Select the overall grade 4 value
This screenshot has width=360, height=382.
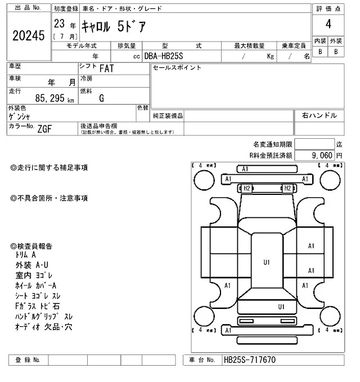pyautogui.click(x=327, y=25)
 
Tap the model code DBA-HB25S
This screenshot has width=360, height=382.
pyautogui.click(x=168, y=56)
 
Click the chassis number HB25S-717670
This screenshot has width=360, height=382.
pyautogui.click(x=250, y=360)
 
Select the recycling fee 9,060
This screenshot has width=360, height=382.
pyautogui.click(x=322, y=155)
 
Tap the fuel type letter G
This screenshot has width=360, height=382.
pyautogui.click(x=101, y=98)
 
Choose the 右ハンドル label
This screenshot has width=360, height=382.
pyautogui.click(x=319, y=115)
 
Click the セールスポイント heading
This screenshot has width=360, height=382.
pyautogui.click(x=177, y=68)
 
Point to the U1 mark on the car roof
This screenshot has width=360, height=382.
pyautogui.click(x=267, y=262)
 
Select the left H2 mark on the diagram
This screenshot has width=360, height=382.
pyautogui.click(x=246, y=188)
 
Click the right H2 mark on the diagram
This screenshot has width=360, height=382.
pyautogui.click(x=287, y=188)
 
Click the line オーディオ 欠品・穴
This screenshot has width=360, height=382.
pyautogui.click(x=44, y=326)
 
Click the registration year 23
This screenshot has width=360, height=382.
pyautogui.click(x=59, y=24)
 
